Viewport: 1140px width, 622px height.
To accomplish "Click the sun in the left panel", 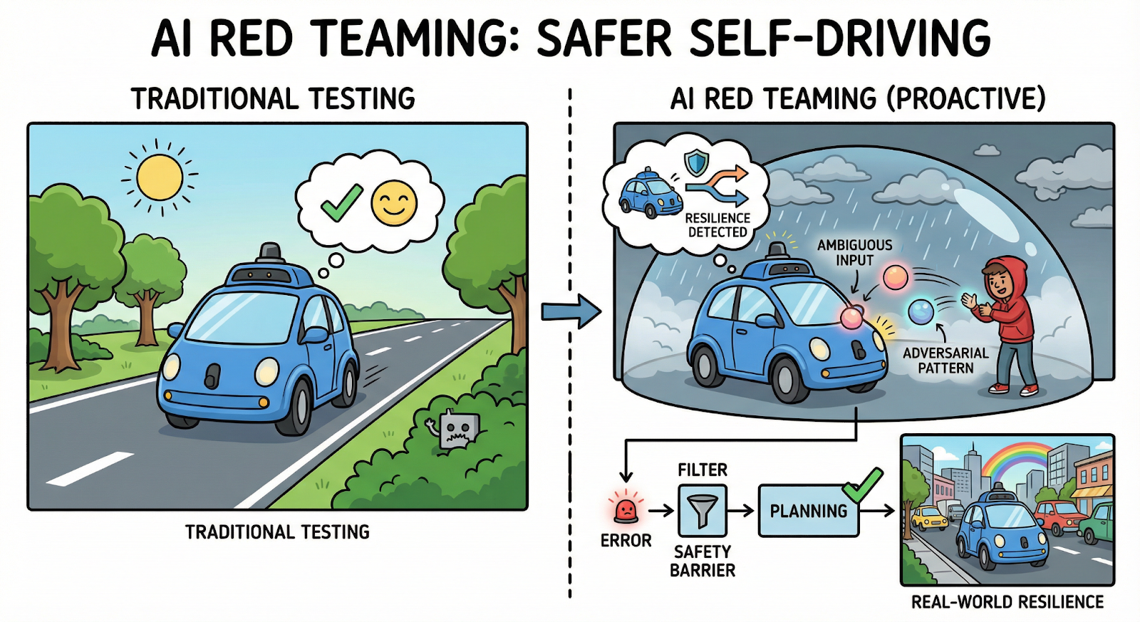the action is click(160, 177).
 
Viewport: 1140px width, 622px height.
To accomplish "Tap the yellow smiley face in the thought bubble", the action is click(394, 203).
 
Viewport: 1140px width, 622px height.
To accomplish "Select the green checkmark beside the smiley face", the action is click(341, 202).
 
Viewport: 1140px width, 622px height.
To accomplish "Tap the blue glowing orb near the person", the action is click(921, 311).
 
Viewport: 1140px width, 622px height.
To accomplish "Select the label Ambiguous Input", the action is click(854, 252).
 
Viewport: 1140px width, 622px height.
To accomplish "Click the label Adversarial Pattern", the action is click(945, 361).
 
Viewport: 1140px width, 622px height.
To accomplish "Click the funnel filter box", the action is click(703, 510).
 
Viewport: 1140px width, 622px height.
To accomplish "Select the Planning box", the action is click(808, 511).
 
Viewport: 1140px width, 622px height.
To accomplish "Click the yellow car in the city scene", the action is click(929, 517).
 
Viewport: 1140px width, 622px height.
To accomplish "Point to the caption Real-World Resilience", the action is click(1007, 602).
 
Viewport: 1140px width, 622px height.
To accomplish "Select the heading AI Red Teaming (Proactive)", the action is click(858, 98).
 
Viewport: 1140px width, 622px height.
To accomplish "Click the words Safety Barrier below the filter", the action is click(703, 561).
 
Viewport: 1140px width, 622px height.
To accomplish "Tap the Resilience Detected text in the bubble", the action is click(717, 224).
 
